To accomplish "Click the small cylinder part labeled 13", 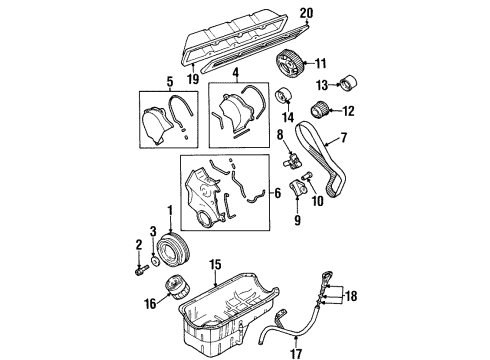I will tap(351, 82).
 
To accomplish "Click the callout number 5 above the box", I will tap(170, 82).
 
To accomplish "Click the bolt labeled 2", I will tap(137, 268).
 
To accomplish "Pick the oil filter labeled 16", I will tap(180, 290).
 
